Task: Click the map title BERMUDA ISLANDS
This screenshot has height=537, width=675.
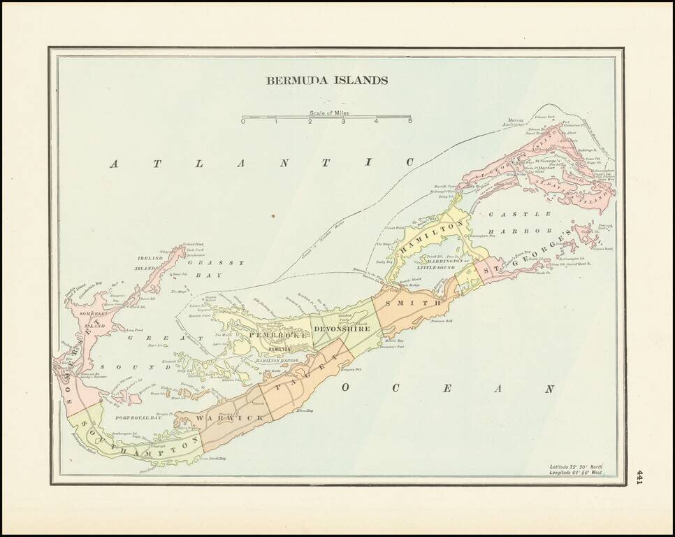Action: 326,80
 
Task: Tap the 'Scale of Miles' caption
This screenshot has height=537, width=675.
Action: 330,113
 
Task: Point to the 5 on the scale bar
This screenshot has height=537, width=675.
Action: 410,122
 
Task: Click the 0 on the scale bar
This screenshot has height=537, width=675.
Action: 243,122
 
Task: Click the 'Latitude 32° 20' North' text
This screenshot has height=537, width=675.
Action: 575,466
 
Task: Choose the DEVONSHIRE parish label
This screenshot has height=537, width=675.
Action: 342,329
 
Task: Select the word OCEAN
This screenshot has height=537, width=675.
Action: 447,389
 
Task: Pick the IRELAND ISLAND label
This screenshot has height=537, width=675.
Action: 149,263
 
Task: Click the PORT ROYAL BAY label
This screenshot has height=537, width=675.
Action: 138,417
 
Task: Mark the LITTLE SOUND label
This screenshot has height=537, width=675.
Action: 436,268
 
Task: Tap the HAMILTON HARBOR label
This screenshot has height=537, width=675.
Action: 272,360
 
